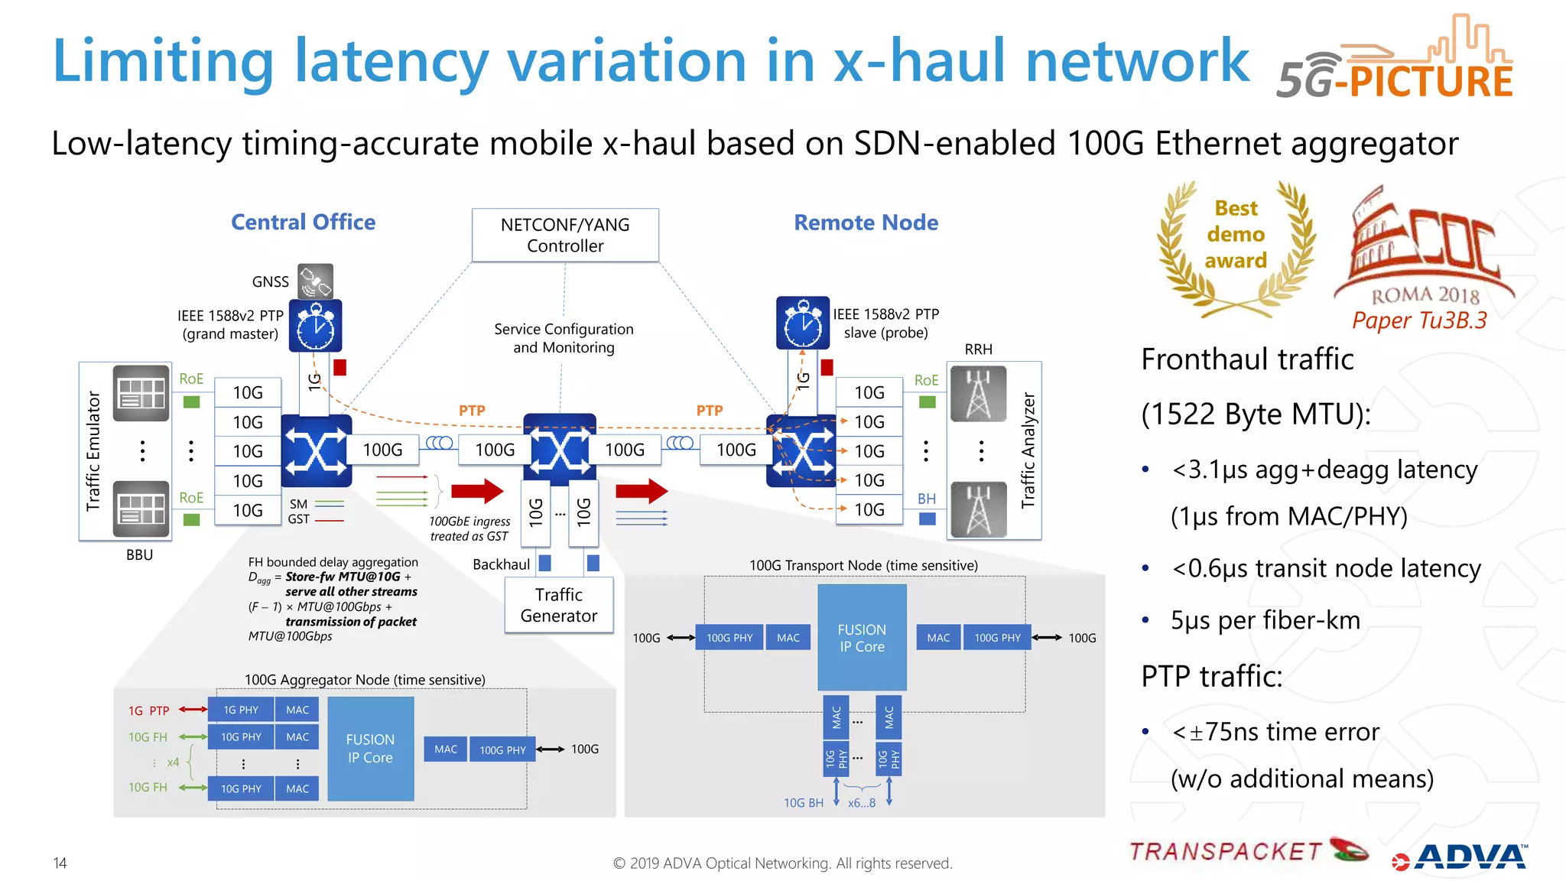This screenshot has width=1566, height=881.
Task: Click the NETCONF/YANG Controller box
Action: (x=565, y=236)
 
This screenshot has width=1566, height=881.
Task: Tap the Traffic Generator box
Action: (x=559, y=605)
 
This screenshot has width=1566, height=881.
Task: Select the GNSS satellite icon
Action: (x=316, y=281)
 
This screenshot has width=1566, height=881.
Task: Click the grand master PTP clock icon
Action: (x=315, y=327)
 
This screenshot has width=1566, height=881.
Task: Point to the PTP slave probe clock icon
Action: (x=802, y=323)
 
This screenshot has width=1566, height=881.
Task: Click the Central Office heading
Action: (x=304, y=223)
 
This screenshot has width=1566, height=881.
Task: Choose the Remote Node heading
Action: (x=866, y=223)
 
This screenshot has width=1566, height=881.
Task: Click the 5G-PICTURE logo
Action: (x=1395, y=61)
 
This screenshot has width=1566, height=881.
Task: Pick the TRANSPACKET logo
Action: (x=1247, y=851)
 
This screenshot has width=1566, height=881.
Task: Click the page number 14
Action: (x=60, y=863)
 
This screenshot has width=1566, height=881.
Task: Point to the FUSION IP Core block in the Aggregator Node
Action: (x=371, y=749)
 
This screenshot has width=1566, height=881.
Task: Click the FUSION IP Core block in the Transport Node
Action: (x=862, y=638)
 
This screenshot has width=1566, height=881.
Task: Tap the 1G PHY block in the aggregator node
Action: (x=241, y=710)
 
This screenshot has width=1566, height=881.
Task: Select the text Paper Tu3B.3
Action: (x=1419, y=320)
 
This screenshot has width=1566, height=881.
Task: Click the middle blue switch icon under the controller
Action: (x=560, y=450)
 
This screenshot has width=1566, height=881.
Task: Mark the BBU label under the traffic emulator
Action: (x=139, y=555)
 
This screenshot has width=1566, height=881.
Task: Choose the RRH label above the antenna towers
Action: (x=978, y=349)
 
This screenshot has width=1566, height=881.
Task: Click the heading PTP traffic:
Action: (x=1211, y=677)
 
